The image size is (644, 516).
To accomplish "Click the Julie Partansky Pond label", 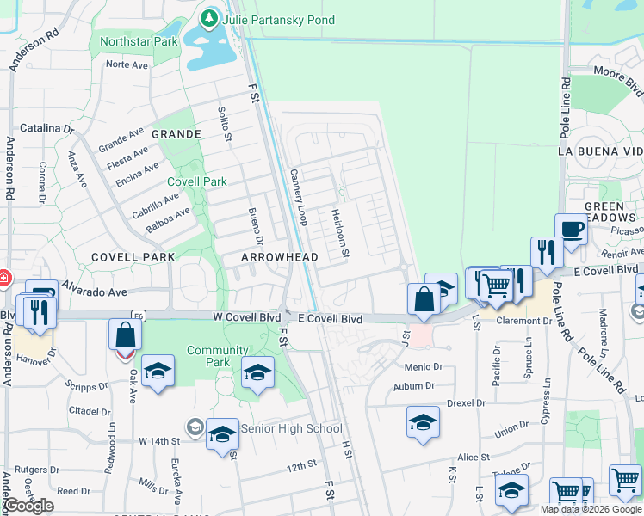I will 266,19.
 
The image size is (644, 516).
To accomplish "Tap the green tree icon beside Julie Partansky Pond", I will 209,18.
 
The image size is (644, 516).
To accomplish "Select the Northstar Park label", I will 139,41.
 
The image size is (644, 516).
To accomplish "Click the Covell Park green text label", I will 197,181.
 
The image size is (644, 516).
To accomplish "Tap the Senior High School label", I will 292,428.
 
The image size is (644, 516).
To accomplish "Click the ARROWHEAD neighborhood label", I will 280,257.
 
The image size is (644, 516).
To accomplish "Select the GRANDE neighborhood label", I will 176,134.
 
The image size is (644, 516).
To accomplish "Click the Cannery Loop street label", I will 298,197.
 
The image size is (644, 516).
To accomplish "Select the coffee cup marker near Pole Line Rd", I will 571,230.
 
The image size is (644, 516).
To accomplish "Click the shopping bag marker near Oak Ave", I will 126,334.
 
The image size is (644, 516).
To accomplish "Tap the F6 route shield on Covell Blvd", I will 138,316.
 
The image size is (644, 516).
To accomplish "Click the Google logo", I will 29,506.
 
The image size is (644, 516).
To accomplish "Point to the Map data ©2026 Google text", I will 591,509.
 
